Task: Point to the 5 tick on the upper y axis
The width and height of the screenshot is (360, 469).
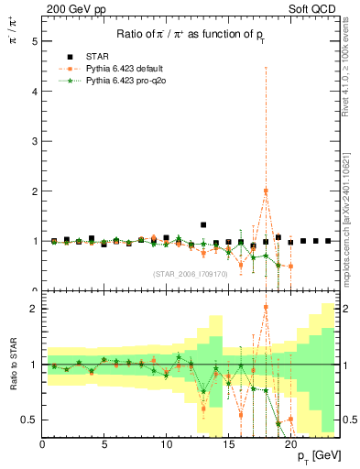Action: point(36,42)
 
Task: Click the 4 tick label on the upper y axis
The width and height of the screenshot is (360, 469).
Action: point(36,92)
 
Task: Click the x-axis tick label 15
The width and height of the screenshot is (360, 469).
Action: point(229,444)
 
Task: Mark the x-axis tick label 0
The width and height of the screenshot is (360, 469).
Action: point(42,444)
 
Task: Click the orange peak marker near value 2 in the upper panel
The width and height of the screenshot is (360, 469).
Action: point(266,191)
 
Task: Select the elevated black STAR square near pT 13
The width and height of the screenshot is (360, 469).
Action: point(203,224)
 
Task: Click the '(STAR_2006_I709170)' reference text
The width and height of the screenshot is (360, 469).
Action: point(191,274)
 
